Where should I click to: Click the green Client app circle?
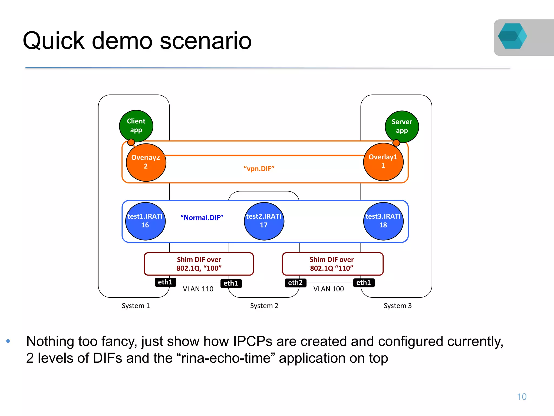tap(136, 126)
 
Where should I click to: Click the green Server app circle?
tap(402, 126)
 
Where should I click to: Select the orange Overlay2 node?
tap(146, 162)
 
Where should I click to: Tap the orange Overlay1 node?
tap(383, 162)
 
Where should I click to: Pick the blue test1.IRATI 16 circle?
tap(145, 221)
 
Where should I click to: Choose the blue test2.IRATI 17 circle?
tap(264, 221)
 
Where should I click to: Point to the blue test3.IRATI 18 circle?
tap(383, 221)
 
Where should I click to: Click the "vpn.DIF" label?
tap(259, 169)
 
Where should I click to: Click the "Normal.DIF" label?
tap(202, 218)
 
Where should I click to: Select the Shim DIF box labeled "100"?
tap(199, 264)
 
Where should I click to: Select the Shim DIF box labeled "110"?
tap(332, 264)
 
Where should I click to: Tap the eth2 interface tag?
tap(295, 283)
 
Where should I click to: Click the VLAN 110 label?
tap(198, 289)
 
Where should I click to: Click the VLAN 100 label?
tap(328, 289)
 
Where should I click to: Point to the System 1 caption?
tap(136, 306)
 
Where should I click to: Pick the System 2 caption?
tap(264, 306)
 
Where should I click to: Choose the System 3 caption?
tap(397, 306)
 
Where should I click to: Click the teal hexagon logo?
tap(512, 36)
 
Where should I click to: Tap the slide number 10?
tap(522, 397)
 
